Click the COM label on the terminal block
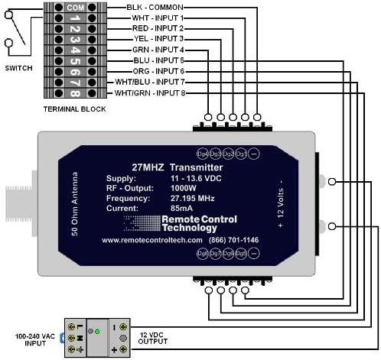74,6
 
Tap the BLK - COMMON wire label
161,6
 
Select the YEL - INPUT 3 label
158,38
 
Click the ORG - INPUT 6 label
158,70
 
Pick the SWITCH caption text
18,68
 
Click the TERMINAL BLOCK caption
74,110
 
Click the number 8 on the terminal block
74,92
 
